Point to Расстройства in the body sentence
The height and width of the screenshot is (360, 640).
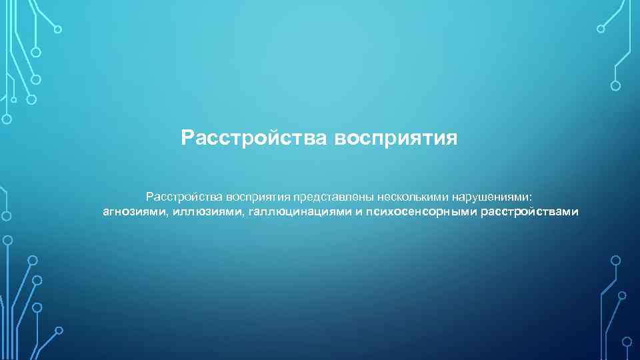(x=185, y=197)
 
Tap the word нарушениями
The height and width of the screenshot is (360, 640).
(x=492, y=197)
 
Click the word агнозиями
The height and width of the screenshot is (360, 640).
(x=133, y=213)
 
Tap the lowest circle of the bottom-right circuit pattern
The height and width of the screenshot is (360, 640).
(x=626, y=341)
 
